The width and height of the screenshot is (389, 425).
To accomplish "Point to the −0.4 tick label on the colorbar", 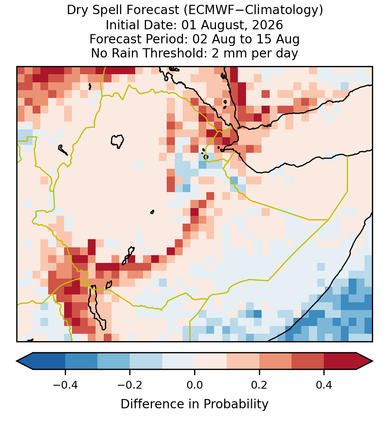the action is click(x=65, y=385).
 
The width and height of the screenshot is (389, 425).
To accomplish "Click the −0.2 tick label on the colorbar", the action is click(x=130, y=385).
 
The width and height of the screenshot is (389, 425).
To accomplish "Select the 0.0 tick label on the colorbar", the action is click(x=194, y=385).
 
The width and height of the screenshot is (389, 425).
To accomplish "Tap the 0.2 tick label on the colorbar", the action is click(x=259, y=385).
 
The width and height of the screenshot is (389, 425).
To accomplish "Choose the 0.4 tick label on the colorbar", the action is click(x=324, y=385).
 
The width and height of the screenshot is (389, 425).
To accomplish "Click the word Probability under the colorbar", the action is click(x=236, y=404).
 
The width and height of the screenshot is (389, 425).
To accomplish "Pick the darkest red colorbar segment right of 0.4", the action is click(x=340, y=361).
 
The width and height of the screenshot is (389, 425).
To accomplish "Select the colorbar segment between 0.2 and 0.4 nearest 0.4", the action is click(x=308, y=361).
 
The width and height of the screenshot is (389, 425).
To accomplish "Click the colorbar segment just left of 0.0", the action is click(x=179, y=361).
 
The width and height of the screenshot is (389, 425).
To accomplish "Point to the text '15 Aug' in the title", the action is click(x=282, y=40).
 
